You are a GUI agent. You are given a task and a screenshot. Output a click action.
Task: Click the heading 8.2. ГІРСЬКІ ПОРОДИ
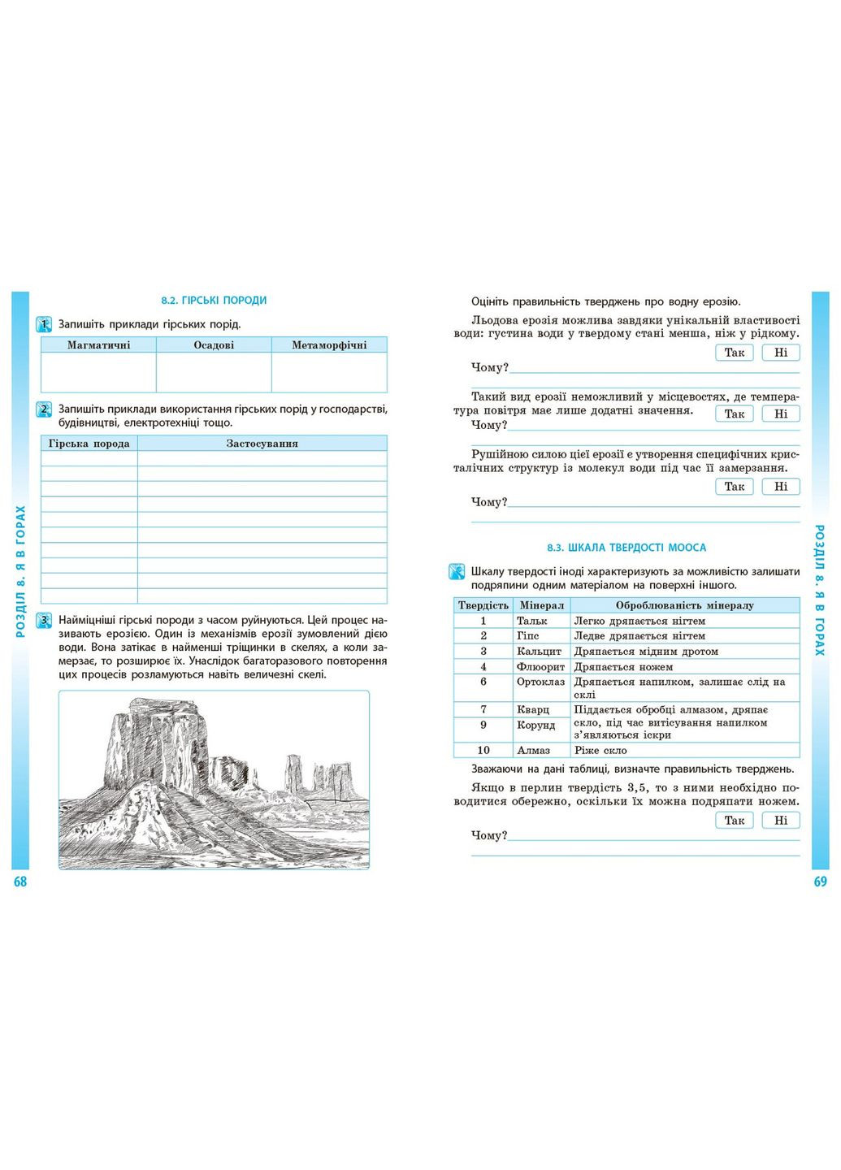click(214, 301)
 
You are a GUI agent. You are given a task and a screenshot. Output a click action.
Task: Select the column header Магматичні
click(98, 345)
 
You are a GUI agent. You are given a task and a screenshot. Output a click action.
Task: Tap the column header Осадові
click(214, 345)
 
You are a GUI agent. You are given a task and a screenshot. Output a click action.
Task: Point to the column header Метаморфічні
click(329, 345)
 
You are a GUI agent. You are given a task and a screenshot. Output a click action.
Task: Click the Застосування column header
click(262, 444)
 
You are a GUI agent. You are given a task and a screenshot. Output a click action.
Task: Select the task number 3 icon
click(45, 622)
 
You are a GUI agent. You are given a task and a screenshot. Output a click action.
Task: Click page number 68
click(20, 882)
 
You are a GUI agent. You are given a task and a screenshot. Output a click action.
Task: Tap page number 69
click(820, 882)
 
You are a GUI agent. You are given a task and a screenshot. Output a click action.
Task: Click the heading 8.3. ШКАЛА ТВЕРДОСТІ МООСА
click(626, 548)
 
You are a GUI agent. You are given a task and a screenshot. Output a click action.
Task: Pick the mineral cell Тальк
click(532, 621)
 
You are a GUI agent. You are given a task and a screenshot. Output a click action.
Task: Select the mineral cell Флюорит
click(540, 667)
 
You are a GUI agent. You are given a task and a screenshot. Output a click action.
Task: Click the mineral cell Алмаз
click(533, 751)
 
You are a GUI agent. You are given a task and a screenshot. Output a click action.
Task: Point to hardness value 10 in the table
click(483, 751)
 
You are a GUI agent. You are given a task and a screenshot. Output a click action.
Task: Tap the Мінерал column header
click(542, 605)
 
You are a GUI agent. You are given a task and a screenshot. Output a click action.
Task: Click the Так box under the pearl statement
click(735, 821)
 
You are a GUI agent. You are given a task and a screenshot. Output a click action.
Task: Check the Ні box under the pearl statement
click(781, 821)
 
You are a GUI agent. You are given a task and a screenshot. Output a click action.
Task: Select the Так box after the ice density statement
click(735, 353)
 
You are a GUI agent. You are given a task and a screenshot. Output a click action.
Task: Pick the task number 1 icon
click(45, 325)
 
